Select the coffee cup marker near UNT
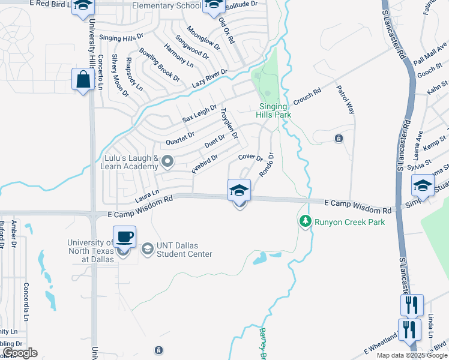[124, 237]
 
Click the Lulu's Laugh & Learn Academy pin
[168, 161]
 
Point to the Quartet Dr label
[180, 137]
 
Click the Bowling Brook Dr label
[159, 65]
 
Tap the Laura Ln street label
[146, 195]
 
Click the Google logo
[20, 353]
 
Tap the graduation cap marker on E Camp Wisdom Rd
[240, 191]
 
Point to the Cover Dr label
[250, 157]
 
